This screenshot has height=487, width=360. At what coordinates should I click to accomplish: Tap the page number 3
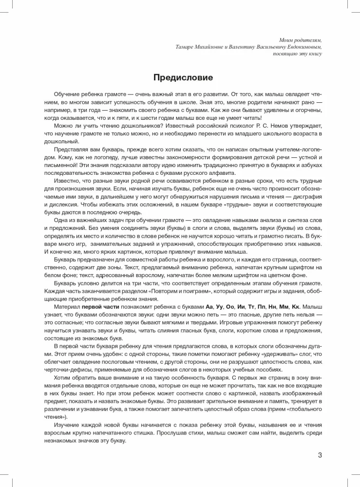(x=320, y=456)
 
